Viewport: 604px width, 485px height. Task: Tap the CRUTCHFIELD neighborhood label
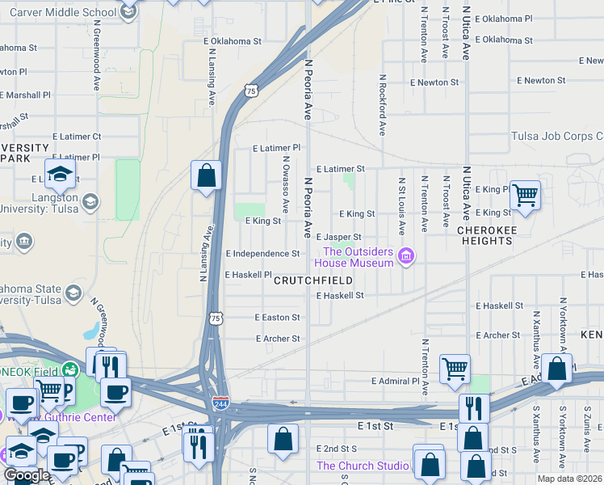click(312, 280)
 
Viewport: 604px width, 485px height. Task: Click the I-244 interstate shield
click(220, 402)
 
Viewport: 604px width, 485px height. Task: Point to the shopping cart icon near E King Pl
click(525, 194)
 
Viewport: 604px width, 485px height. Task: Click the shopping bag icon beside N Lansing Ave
click(206, 175)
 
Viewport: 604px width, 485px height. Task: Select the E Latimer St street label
click(340, 169)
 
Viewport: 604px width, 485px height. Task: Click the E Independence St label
click(262, 254)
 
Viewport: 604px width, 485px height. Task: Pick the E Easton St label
click(277, 318)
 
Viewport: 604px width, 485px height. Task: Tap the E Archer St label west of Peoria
click(278, 339)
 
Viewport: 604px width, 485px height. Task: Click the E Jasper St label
click(338, 236)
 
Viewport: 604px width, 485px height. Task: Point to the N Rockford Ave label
click(381, 106)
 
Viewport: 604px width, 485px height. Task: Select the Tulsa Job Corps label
click(556, 137)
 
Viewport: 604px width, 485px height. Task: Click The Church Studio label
click(361, 466)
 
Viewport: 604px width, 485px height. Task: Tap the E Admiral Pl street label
click(396, 381)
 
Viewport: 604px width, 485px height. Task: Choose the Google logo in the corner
click(27, 475)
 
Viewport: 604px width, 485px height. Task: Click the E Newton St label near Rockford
click(434, 82)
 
